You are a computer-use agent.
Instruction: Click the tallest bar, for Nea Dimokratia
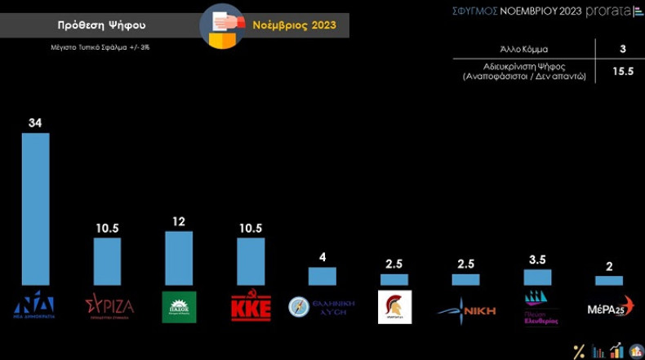(x=35, y=208)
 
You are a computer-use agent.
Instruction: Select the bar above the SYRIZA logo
(x=107, y=261)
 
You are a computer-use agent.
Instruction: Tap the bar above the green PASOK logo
(x=179, y=258)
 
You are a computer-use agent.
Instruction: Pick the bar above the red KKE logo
(x=251, y=261)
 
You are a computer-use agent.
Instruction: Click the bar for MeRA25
(x=609, y=280)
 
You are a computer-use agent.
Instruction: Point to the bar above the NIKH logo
(x=465, y=279)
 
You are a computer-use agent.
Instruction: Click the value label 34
(x=35, y=122)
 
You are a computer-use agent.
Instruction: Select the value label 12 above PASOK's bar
(x=179, y=221)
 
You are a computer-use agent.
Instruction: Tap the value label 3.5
(x=537, y=260)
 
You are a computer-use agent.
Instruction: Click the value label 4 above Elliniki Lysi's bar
(x=322, y=257)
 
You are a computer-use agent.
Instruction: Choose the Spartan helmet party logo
(x=394, y=307)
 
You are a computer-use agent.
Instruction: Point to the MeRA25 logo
(x=610, y=309)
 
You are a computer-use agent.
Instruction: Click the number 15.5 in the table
(x=622, y=72)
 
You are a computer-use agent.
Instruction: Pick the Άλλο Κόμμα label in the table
(x=524, y=50)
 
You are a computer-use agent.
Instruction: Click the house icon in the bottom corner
(x=636, y=350)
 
